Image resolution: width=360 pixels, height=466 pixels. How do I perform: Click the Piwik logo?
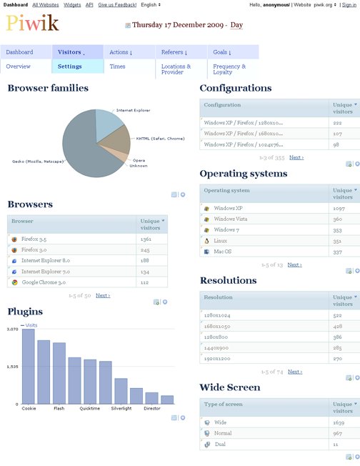[33, 24]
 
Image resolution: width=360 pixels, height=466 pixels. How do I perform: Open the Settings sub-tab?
[69, 66]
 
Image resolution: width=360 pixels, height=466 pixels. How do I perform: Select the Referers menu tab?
[174, 52]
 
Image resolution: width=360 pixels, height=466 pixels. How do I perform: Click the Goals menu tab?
[221, 52]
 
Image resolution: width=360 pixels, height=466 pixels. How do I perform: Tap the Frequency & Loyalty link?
[229, 69]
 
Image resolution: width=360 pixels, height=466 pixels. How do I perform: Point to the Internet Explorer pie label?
[133, 110]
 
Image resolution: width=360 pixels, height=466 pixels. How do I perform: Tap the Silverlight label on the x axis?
[121, 409]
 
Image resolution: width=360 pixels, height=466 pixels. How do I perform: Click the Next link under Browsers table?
[102, 295]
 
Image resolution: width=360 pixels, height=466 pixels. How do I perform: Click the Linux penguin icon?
[206, 241]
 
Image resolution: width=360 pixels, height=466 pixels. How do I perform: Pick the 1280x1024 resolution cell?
[219, 315]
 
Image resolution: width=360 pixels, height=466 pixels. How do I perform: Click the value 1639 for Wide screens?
[339, 422]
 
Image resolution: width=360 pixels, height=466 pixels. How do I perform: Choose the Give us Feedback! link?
[117, 4]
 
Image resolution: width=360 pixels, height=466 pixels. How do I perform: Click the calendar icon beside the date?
[128, 25]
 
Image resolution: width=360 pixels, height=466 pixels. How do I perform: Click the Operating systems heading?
[243, 174]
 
